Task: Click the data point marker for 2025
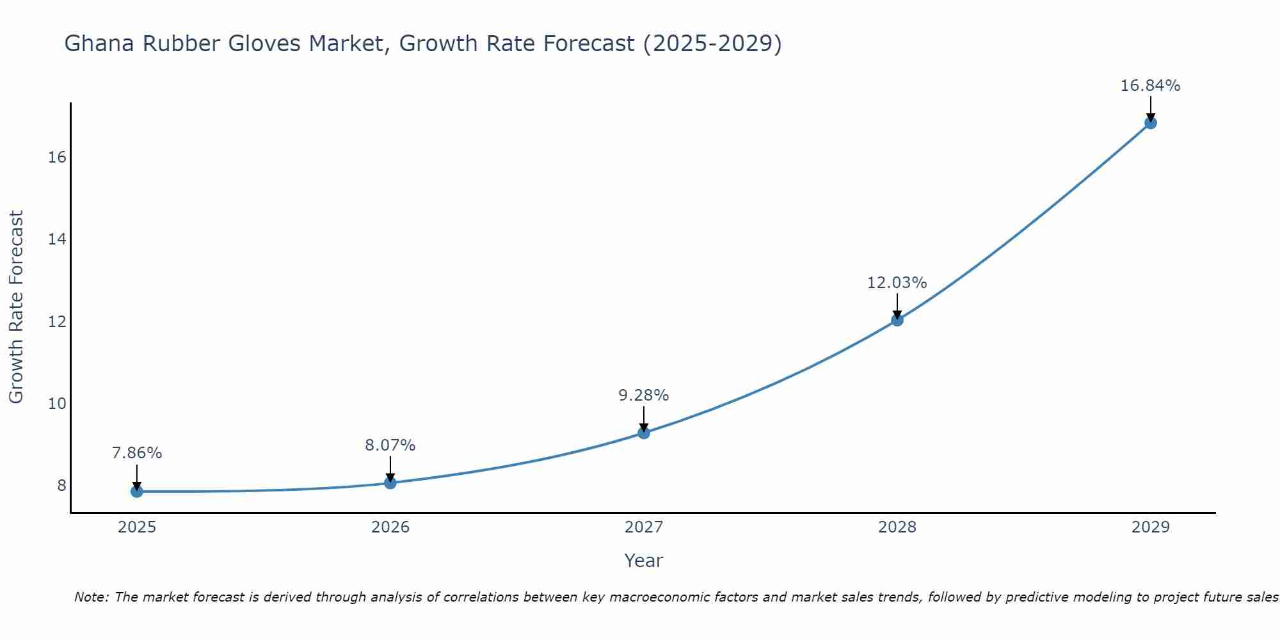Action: pos(137,492)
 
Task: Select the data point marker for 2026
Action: pos(390,483)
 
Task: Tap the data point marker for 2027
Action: pos(644,433)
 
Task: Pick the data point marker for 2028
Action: pos(897,320)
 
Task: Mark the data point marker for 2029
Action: pos(1151,123)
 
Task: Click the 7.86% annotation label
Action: pos(137,453)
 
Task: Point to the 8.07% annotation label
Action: pos(390,445)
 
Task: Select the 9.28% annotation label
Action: pos(644,396)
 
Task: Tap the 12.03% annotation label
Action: pos(897,282)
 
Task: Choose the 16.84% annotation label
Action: pos(1151,85)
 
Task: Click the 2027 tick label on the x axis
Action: pos(644,527)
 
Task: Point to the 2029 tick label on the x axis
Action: pos(1151,527)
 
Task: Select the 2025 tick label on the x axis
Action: pos(137,527)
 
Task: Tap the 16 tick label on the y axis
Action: pos(58,157)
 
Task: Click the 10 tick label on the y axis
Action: pos(58,403)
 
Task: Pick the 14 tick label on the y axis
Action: pos(58,239)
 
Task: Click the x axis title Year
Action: pos(644,561)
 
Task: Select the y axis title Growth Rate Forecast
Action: pos(16,307)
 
